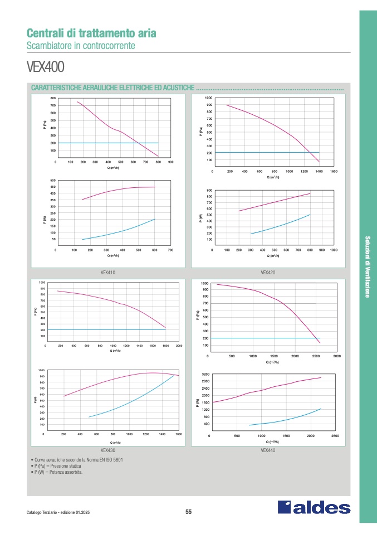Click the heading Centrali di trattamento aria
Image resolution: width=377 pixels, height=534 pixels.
click(x=91, y=33)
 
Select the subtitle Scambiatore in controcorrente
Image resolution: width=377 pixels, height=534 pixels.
click(x=81, y=45)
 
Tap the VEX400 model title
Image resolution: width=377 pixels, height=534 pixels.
click(x=46, y=67)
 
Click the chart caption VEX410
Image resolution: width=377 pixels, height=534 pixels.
click(x=108, y=273)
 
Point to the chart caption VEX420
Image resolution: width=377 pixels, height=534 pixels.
click(x=268, y=273)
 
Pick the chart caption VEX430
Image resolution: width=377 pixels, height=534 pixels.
click(x=108, y=449)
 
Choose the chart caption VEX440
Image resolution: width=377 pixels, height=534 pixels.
click(x=268, y=450)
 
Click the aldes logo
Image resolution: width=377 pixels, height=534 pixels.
click(x=314, y=507)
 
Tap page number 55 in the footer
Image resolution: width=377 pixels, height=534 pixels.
click(x=188, y=512)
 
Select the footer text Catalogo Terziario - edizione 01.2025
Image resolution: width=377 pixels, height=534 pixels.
click(x=58, y=512)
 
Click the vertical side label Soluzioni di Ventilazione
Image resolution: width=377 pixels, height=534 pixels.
click(x=368, y=268)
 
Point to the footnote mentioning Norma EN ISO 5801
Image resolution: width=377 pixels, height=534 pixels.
click(x=79, y=460)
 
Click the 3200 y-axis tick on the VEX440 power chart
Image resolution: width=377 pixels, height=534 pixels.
click(x=206, y=375)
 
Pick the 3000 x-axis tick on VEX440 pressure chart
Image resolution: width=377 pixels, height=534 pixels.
click(x=336, y=356)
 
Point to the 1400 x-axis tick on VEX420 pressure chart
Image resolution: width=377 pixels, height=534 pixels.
click(x=319, y=171)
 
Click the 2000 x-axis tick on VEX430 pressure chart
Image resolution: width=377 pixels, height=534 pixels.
click(x=179, y=346)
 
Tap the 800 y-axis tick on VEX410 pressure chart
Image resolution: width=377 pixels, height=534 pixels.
click(x=53, y=98)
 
